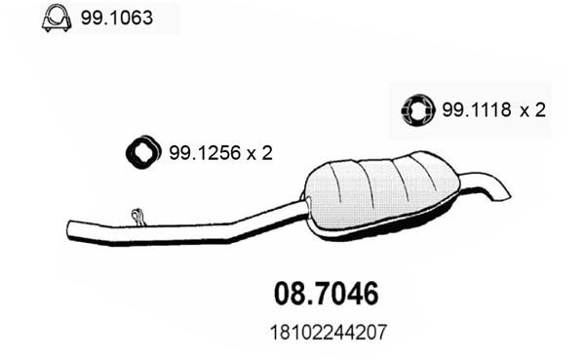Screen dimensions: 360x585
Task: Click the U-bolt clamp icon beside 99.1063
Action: (55, 18)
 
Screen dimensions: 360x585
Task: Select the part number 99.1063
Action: (115, 18)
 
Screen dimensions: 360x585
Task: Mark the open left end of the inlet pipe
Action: (72, 230)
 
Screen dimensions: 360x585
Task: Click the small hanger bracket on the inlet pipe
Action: (138, 215)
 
